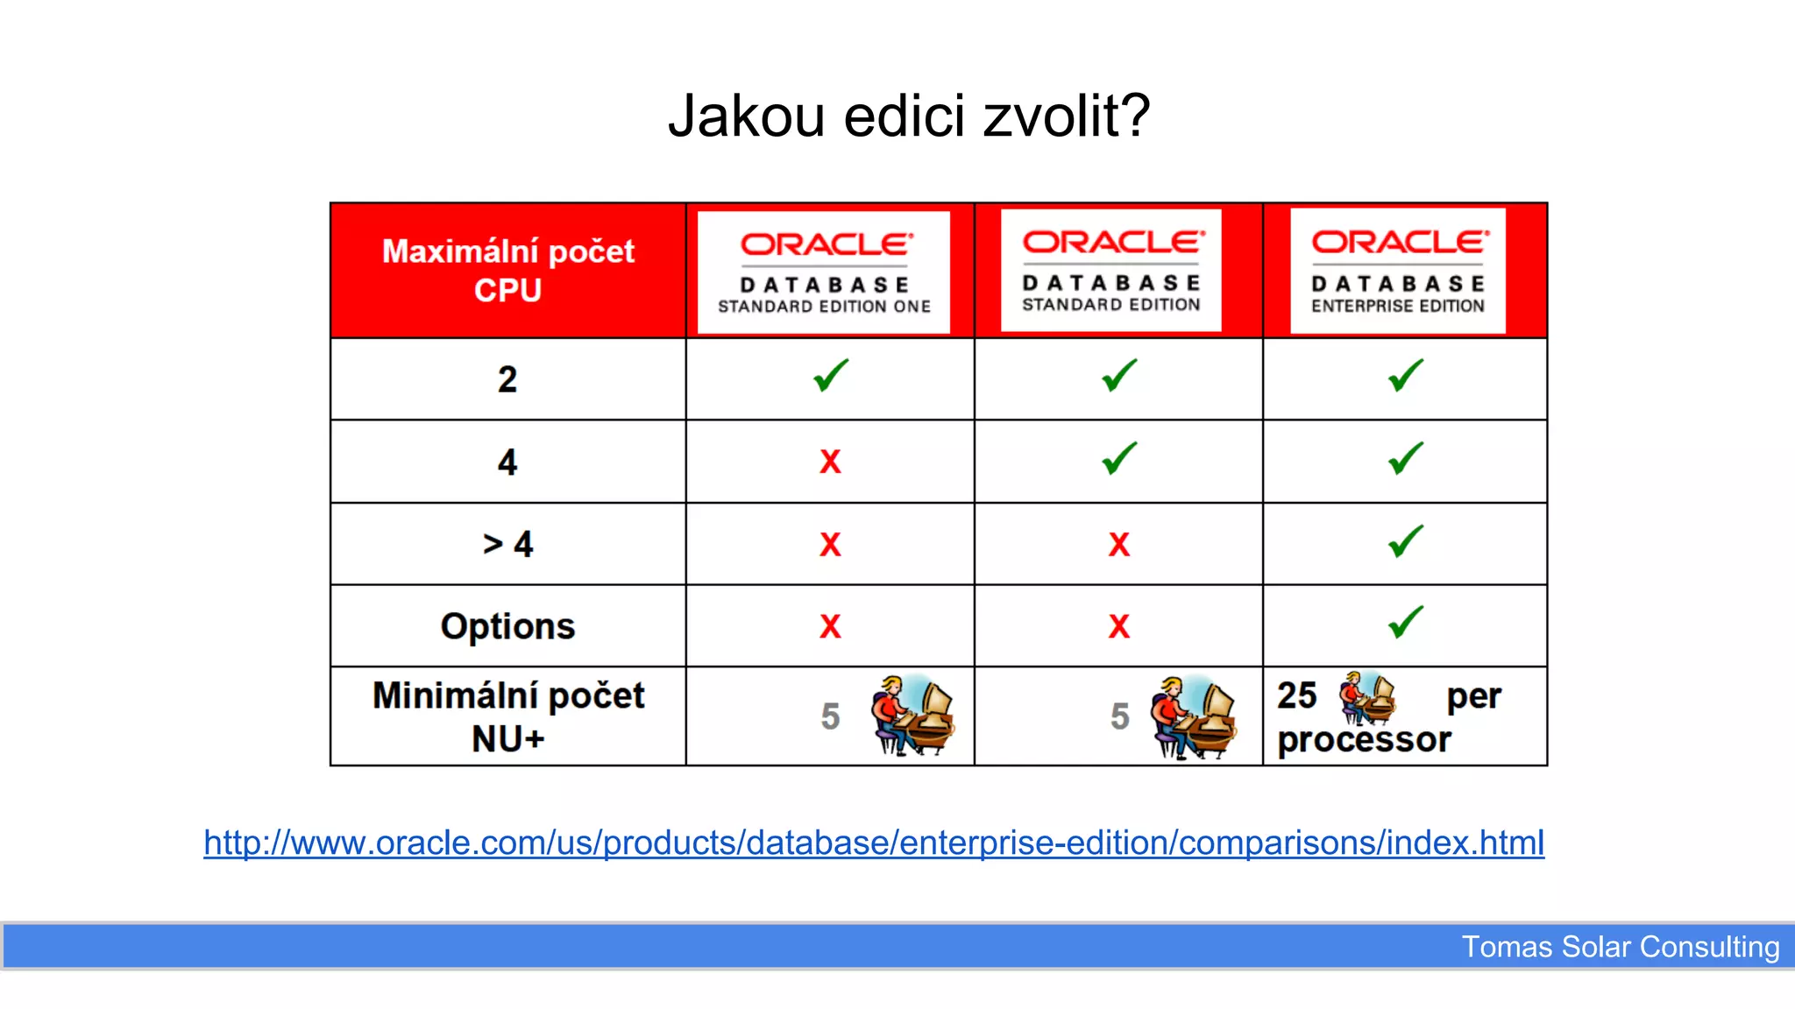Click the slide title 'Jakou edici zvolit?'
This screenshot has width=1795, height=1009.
click(908, 116)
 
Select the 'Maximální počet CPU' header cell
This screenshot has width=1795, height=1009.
click(507, 271)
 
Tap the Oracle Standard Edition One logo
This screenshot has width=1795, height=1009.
click(824, 272)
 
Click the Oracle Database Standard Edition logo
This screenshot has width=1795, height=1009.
click(1111, 271)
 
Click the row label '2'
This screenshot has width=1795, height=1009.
click(507, 379)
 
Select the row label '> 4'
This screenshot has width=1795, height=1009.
click(507, 544)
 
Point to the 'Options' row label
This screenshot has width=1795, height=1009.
click(507, 626)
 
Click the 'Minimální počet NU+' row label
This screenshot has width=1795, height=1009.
click(507, 716)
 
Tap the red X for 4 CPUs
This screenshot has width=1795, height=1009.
click(830, 462)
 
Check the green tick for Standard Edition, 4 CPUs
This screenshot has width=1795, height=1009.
click(1119, 458)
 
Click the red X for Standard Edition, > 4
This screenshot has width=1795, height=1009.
click(1119, 544)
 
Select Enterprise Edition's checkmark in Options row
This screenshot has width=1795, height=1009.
click(1406, 623)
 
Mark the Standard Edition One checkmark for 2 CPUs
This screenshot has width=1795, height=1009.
click(831, 376)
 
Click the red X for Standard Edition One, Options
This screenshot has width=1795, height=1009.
click(830, 626)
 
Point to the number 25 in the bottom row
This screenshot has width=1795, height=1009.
click(1297, 696)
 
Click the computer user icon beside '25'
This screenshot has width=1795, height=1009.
click(1366, 698)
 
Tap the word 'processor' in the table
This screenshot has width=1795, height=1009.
click(1364, 740)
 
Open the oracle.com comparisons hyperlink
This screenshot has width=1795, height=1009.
click(874, 843)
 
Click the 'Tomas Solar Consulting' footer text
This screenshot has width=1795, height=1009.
click(1620, 947)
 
